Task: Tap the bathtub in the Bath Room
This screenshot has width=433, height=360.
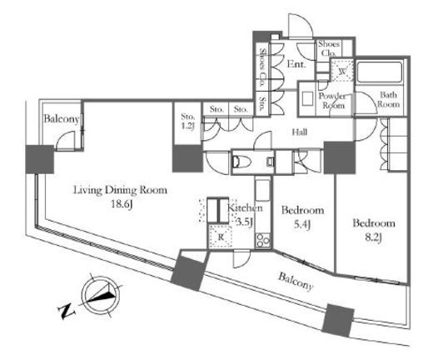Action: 379,72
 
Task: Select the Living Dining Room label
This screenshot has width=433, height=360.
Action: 120,191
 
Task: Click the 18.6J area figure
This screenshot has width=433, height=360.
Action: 122,204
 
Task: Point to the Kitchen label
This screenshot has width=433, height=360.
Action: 245,207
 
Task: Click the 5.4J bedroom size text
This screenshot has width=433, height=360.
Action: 302,224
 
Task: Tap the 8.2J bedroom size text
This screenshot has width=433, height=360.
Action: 373,237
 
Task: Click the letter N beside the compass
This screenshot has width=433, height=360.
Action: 67,312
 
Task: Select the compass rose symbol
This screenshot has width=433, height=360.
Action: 101,295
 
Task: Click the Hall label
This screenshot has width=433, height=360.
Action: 300,132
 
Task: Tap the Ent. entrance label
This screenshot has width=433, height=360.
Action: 296,64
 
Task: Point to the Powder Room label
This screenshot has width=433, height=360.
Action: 332,101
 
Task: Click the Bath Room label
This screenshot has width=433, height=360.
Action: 388,99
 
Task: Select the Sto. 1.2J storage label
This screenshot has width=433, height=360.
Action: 187,121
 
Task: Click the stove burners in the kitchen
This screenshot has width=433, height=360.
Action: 262,241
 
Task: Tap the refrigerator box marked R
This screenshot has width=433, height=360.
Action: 221,237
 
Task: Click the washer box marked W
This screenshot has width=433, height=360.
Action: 343,71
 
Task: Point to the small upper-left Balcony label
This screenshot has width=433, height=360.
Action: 62,119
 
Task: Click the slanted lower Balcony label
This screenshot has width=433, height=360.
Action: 296,281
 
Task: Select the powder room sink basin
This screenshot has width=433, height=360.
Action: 307,98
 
